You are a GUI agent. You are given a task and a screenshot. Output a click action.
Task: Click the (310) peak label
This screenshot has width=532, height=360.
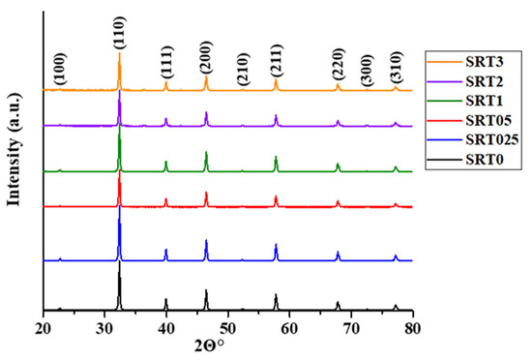click(x=395, y=67)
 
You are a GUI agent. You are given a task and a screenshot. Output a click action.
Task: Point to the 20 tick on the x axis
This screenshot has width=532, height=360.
click(x=43, y=326)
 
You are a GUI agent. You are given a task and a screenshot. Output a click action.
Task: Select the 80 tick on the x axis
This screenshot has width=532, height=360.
click(x=413, y=326)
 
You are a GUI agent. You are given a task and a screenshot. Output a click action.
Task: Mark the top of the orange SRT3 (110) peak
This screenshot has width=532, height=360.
click(x=119, y=53)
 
